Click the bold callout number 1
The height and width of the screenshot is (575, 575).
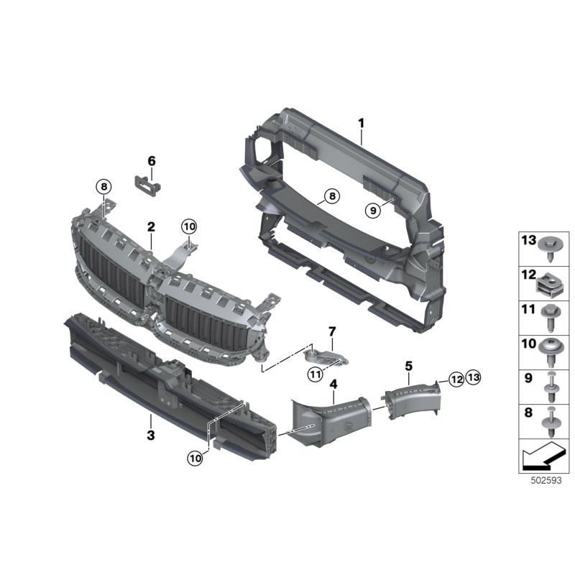[x=362, y=124]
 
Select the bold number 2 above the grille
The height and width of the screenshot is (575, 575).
[x=151, y=227]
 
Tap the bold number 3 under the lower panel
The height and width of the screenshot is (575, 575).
[x=149, y=435]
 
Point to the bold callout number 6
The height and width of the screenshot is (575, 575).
[x=152, y=161]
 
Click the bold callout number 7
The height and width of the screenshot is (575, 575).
[x=331, y=331]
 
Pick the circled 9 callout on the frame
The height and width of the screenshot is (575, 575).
[x=372, y=210]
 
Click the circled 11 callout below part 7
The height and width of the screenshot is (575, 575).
[x=315, y=373]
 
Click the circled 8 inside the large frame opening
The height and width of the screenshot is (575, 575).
[x=330, y=195]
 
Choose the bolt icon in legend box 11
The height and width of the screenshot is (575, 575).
[x=552, y=317]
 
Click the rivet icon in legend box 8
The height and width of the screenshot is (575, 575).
[x=552, y=420]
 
